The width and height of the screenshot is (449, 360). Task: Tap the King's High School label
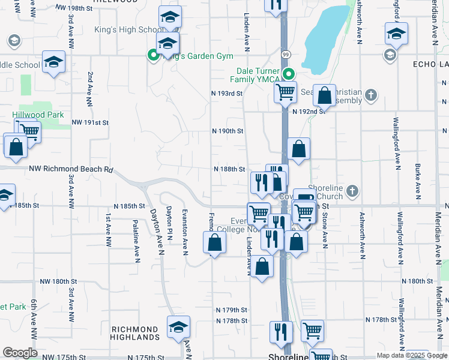click(x=125, y=30)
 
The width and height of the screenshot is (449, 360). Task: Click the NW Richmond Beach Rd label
click(x=71, y=170)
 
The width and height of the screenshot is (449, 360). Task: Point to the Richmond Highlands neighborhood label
click(x=136, y=334)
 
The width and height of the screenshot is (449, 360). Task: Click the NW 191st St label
click(x=90, y=122)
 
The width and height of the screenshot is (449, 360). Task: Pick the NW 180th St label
click(x=59, y=281)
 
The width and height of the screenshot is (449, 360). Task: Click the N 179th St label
click(x=232, y=310)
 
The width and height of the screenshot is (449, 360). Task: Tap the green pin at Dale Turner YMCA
click(x=289, y=75)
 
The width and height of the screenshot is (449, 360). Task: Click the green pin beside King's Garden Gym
click(x=153, y=56)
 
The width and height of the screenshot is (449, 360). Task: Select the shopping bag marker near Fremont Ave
click(x=214, y=243)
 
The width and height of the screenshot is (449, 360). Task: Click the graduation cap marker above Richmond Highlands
click(x=178, y=327)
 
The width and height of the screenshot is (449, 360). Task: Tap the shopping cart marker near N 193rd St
click(x=285, y=92)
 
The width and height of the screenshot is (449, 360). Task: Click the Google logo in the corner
click(x=20, y=352)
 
